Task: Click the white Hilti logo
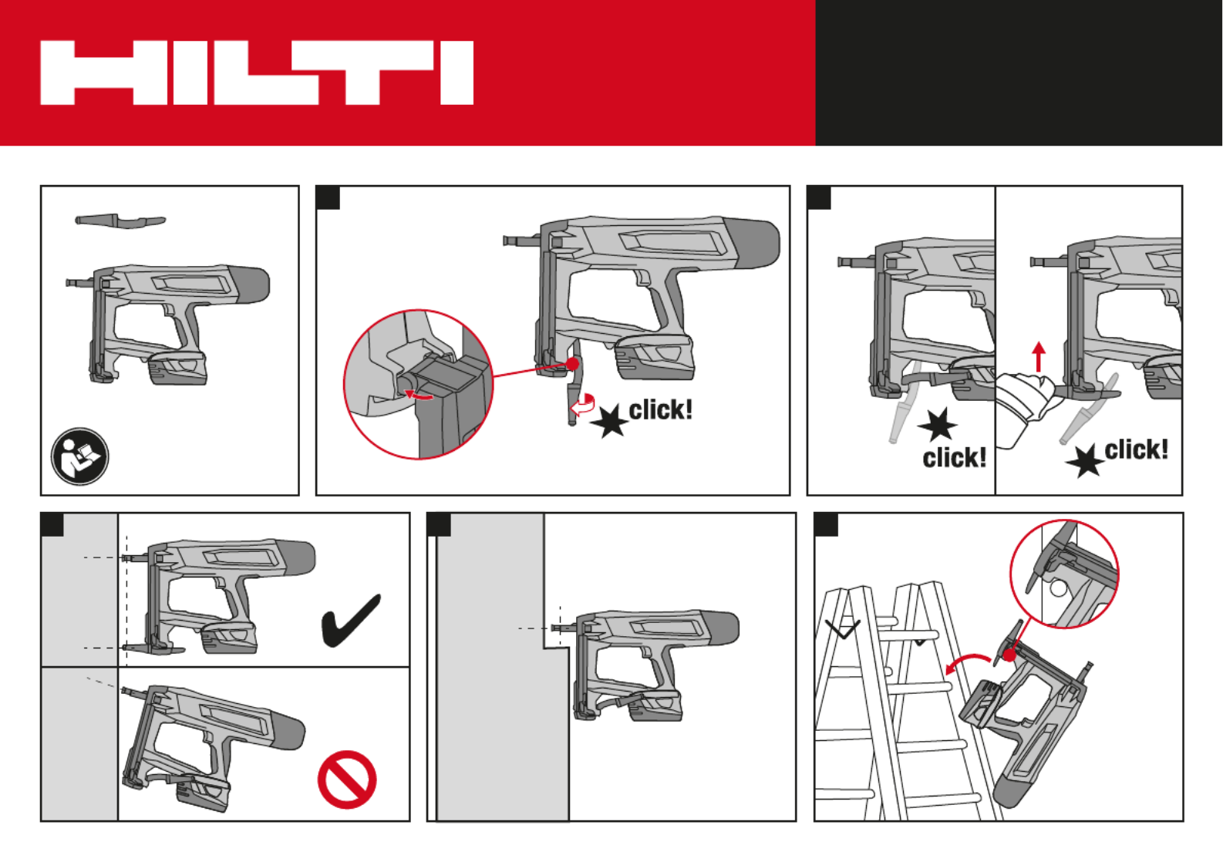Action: click(257, 72)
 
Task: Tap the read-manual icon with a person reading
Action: click(80, 456)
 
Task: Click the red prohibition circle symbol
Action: click(347, 780)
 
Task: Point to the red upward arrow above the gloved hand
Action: click(1039, 357)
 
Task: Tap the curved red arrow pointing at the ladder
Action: click(968, 663)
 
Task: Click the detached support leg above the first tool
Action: click(120, 221)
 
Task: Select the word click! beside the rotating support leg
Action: click(660, 409)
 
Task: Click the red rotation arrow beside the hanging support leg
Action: click(582, 405)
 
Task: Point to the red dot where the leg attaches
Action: click(572, 364)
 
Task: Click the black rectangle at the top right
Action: click(1019, 72)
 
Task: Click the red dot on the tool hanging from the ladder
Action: click(1009, 655)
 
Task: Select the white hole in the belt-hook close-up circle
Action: click(1058, 588)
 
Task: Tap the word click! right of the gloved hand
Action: click(1136, 450)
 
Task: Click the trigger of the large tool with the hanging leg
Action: click(644, 277)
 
